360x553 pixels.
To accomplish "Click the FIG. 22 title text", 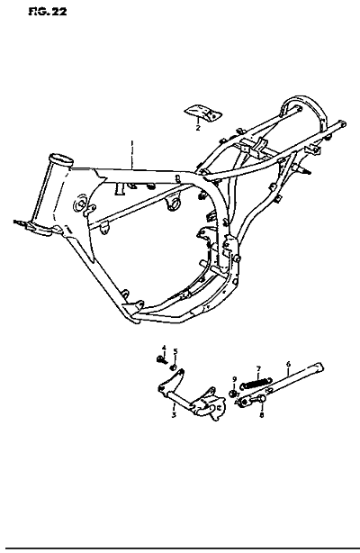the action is click(48, 12).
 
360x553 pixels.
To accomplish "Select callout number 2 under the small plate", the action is click(198, 128).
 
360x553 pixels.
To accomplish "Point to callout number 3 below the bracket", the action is click(174, 415).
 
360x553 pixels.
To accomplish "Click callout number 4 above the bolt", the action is click(164, 348).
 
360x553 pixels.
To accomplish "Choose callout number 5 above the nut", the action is click(175, 351).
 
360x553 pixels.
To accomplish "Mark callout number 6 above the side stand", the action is click(288, 364).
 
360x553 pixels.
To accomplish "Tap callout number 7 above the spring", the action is click(258, 369).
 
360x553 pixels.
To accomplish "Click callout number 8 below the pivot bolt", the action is click(261, 415).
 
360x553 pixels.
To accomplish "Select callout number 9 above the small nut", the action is click(234, 379).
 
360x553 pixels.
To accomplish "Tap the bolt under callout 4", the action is click(161, 359).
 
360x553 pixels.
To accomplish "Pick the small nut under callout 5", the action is click(173, 368).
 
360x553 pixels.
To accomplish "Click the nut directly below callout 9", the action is click(233, 394).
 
